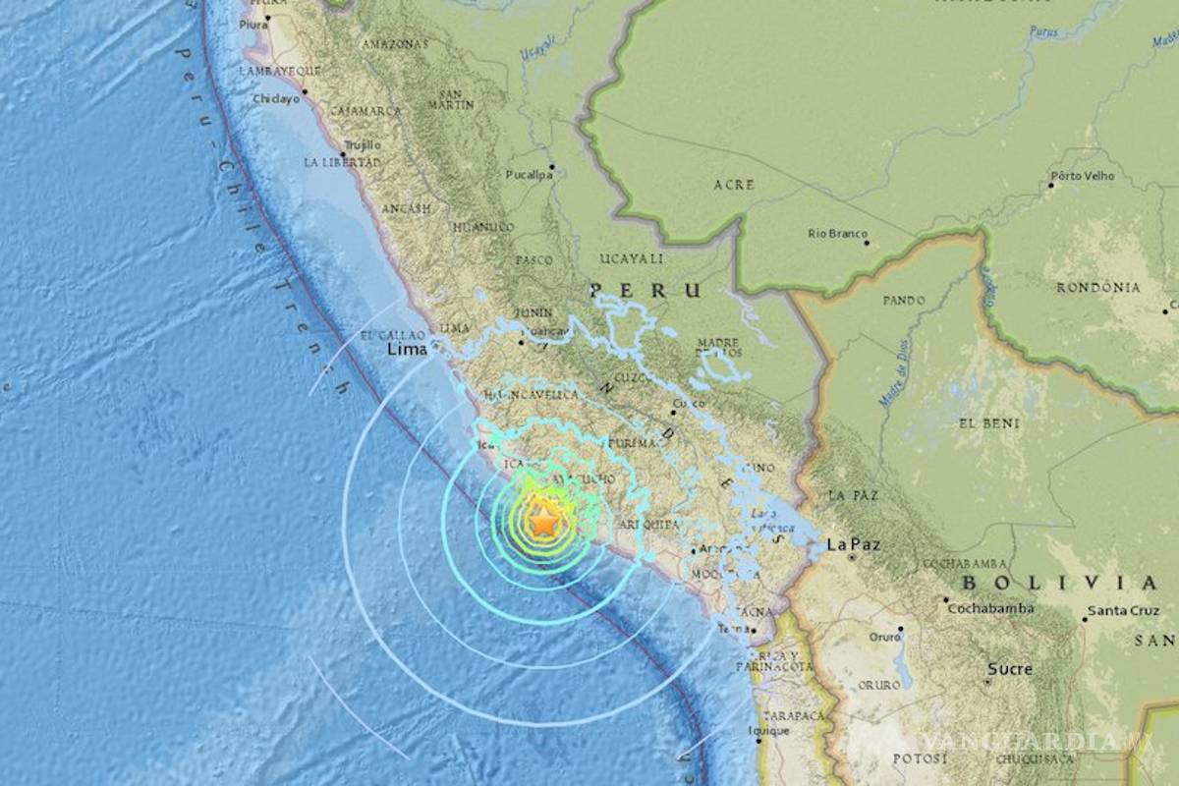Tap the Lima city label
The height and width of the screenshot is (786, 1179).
click(x=408, y=349)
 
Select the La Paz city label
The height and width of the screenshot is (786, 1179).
click(x=850, y=543)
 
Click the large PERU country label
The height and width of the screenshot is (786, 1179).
click(x=646, y=291)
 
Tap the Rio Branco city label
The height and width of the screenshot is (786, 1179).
click(x=837, y=234)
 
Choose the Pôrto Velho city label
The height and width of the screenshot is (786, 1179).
click(x=1082, y=177)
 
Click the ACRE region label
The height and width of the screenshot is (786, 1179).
click(x=734, y=185)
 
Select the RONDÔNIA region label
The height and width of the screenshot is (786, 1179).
click(x=1097, y=288)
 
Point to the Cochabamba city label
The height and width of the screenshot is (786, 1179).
click(x=990, y=608)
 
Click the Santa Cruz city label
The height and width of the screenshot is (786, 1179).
click(x=1122, y=611)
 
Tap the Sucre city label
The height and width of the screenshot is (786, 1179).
click(x=1010, y=669)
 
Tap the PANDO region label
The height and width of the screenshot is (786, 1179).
click(x=904, y=300)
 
